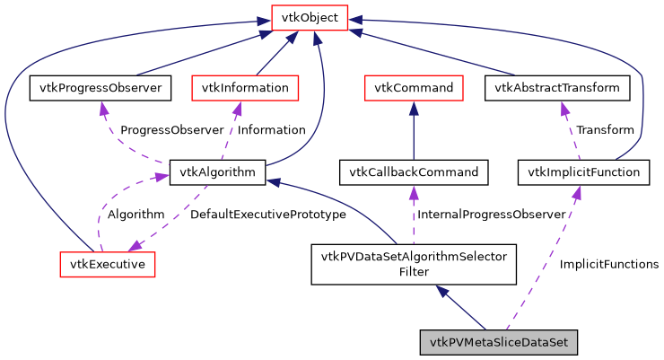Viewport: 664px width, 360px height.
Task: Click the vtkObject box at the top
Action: [x=310, y=17]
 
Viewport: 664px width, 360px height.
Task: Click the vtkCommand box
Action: [x=413, y=87]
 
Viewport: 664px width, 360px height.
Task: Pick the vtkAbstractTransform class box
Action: [x=556, y=87]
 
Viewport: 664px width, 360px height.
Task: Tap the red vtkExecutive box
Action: [x=107, y=264]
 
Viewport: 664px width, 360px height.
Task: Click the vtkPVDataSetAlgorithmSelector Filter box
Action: [x=414, y=264]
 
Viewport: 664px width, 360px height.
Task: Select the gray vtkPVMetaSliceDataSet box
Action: [x=499, y=342]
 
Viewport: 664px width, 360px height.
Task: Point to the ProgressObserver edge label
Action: [x=171, y=130]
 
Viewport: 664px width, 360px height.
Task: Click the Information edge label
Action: [x=271, y=130]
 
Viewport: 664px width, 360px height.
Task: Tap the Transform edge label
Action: [x=605, y=130]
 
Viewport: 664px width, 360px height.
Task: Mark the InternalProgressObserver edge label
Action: [x=492, y=215]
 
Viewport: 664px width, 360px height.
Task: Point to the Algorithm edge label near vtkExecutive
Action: [x=135, y=215]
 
